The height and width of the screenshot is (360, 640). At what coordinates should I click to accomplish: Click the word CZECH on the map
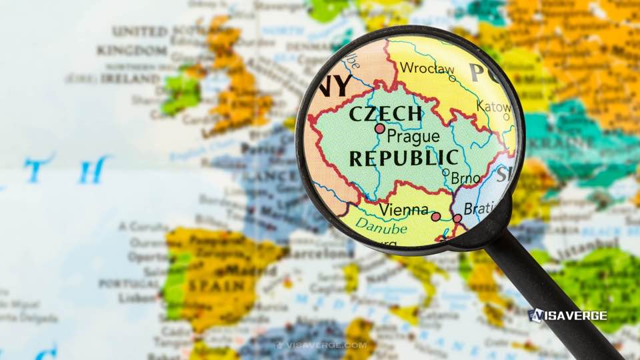click(385, 113)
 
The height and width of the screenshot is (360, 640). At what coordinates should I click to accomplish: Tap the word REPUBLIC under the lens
click(404, 158)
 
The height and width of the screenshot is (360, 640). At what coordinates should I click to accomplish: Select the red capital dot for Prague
click(380, 128)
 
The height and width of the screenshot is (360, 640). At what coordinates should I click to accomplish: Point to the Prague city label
click(413, 137)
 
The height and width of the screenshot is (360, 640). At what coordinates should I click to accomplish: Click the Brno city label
click(465, 179)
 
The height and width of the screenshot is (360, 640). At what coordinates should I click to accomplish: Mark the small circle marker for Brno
click(445, 172)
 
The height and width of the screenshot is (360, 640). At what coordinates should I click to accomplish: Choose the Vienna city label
click(403, 210)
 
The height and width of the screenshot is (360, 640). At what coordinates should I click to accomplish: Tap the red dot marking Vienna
click(435, 217)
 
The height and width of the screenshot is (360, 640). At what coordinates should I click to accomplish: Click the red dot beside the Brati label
click(457, 218)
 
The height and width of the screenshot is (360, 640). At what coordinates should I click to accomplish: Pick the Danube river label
click(381, 227)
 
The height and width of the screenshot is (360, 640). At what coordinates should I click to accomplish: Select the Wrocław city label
click(427, 68)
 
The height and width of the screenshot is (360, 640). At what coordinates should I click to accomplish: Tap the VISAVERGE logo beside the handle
click(567, 315)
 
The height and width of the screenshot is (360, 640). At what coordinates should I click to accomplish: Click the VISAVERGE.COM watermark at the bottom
click(322, 345)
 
